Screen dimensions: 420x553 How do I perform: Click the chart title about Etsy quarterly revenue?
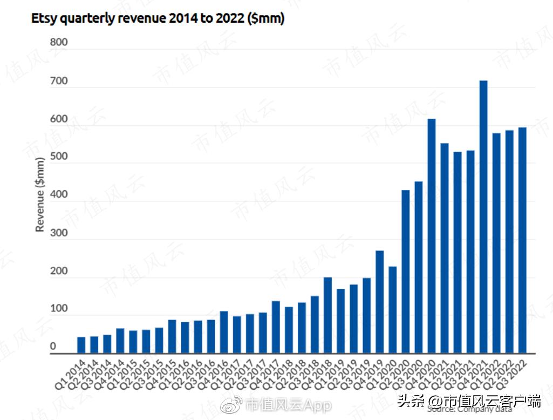[158, 19]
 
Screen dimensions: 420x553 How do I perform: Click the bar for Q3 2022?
[522, 240]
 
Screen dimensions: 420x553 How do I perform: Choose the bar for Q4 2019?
[380, 302]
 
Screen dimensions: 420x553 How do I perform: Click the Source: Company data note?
[469, 409]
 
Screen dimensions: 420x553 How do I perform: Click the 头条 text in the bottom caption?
[409, 401]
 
